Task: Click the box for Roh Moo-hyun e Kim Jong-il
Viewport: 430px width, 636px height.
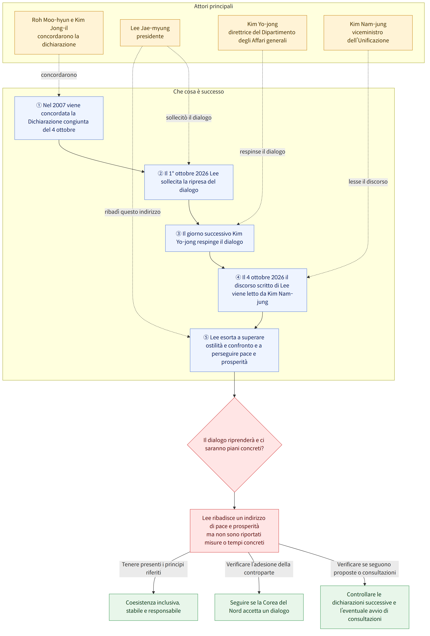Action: tap(59, 33)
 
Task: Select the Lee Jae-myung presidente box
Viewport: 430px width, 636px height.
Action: tap(150, 33)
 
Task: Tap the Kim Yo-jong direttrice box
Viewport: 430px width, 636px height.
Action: tap(262, 33)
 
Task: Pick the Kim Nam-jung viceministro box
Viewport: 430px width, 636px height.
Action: tap(368, 33)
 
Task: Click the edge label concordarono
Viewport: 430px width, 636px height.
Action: tap(59, 75)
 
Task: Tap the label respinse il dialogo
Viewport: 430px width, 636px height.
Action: tap(262, 152)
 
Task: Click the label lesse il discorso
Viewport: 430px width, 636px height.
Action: tap(368, 182)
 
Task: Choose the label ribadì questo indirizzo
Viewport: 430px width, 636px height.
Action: tap(133, 212)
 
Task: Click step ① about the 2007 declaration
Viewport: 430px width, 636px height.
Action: tap(59, 118)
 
